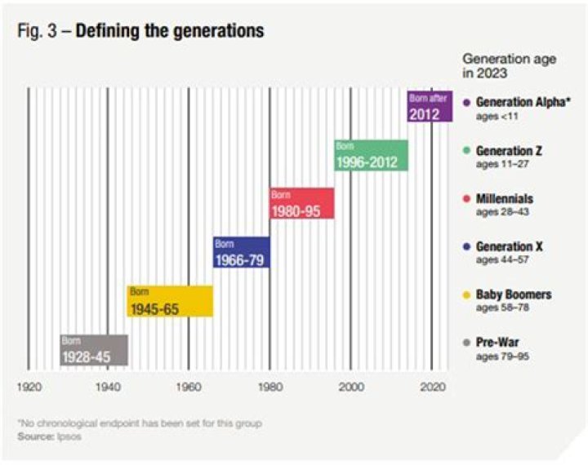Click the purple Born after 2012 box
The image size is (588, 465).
pos(430,107)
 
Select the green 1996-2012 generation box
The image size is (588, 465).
pos(371,155)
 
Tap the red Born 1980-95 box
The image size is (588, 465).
pos(301,203)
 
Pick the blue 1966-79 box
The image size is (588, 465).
pos(242,252)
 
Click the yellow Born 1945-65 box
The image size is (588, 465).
pos(170,301)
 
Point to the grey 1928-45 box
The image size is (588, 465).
pos(94,350)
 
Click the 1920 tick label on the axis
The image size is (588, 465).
pos(29,387)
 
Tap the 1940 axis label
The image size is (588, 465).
pos(108,387)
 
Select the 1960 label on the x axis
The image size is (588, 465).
pos(189,387)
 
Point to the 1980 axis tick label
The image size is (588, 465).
pos(269,387)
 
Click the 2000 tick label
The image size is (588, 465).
pos(350,387)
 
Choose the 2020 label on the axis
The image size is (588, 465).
pos(431,387)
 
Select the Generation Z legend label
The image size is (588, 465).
pos(509,151)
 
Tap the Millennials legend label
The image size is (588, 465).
pos(505,198)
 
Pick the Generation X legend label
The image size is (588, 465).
pos(509,246)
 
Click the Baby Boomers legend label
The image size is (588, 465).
pos(514,294)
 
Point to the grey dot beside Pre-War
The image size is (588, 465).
pos(465,343)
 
